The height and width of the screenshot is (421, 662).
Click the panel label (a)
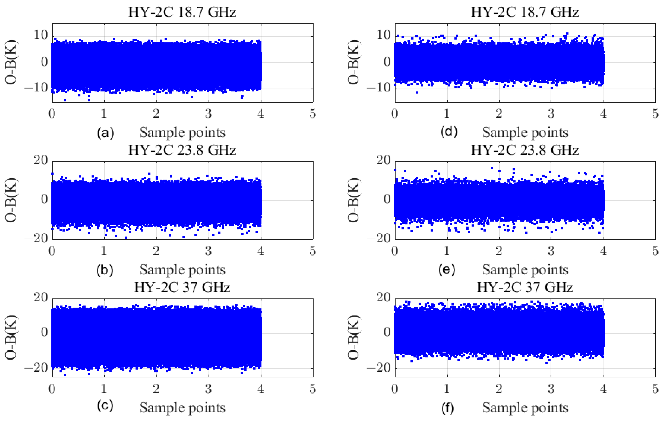[105, 133]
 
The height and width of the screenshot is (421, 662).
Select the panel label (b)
[105, 270]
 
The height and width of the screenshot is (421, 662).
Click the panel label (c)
[105, 406]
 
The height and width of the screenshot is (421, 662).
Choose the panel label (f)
[448, 408]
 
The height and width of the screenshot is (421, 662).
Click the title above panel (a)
[182, 12]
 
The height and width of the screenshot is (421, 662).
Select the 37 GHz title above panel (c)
[182, 287]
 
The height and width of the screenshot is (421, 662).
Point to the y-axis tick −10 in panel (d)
[379, 88]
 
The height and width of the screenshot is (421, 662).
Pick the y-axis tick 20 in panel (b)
[41, 160]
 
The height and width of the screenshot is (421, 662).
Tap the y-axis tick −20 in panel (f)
[379, 368]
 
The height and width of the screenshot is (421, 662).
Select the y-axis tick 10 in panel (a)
[41, 35]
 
